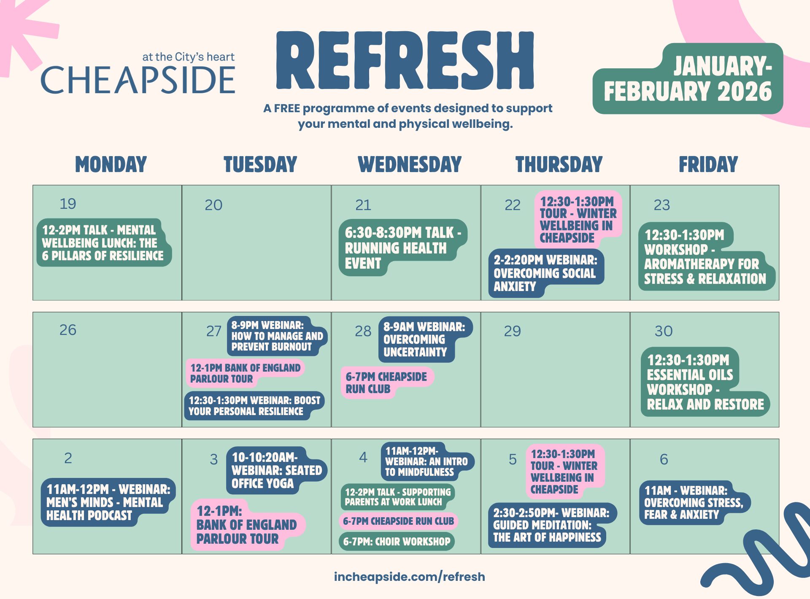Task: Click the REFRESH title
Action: click(x=405, y=60)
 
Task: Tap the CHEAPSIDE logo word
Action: click(x=138, y=80)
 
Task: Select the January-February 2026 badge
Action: click(x=688, y=79)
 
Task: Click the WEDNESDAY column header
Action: click(x=410, y=164)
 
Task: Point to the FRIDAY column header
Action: click(x=708, y=164)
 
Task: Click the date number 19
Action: click(x=68, y=204)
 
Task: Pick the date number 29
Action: click(x=513, y=331)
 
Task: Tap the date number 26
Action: click(x=68, y=330)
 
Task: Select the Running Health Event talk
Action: click(x=403, y=248)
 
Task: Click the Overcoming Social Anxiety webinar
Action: click(x=546, y=273)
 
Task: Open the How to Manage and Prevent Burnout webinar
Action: click(x=277, y=336)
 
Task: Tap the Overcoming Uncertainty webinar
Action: click(x=424, y=340)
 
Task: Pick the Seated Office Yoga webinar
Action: click(x=277, y=470)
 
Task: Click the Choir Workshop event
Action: click(x=397, y=542)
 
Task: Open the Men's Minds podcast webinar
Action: click(x=108, y=502)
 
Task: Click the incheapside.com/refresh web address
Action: click(x=409, y=577)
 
